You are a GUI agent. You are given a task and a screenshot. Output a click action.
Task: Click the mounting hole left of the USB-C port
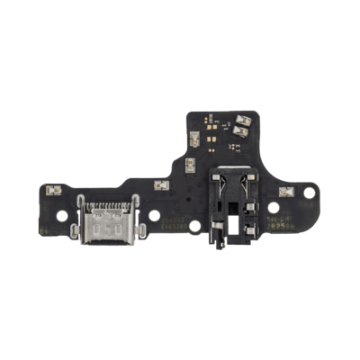[62, 217]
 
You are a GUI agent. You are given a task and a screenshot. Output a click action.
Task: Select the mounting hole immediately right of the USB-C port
[154, 217]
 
